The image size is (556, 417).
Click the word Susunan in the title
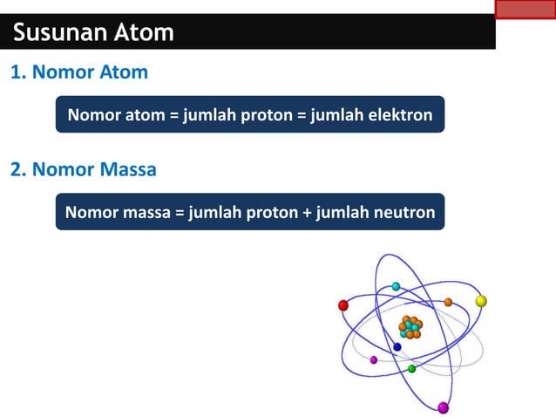[x=55, y=33]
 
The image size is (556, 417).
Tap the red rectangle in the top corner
[x=525, y=10]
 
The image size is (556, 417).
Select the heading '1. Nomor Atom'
[x=79, y=72]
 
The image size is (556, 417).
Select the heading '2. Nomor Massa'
[x=84, y=169]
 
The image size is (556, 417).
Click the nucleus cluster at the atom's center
[x=410, y=327]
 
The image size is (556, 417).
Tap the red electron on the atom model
[x=343, y=305]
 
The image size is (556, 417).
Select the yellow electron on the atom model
[x=481, y=301]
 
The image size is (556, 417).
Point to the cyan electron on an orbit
[x=396, y=286]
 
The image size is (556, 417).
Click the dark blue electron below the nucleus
[x=397, y=347]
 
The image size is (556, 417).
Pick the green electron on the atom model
[x=412, y=369]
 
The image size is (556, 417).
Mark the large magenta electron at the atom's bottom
[x=443, y=407]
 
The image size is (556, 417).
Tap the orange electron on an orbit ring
[x=448, y=303]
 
